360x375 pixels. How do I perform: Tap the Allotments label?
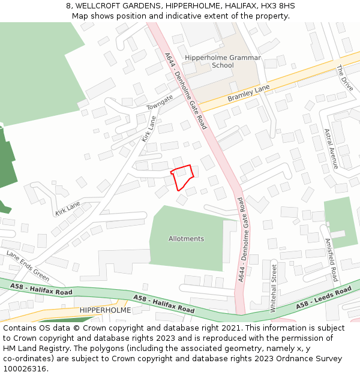186,239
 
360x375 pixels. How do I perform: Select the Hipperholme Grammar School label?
223,62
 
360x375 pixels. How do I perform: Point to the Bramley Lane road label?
248,94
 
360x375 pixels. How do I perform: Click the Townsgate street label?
160,102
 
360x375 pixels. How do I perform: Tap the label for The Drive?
344,79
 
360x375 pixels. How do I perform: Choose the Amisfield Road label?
331,259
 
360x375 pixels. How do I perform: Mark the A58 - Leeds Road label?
323,298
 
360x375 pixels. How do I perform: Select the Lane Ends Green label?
28,266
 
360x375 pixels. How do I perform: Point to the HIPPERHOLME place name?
105,310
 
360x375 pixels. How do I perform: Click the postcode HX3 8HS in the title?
280,6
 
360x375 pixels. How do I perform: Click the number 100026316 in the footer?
25,368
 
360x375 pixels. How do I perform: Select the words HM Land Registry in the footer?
37,348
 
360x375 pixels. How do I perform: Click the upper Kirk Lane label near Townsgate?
149,129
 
